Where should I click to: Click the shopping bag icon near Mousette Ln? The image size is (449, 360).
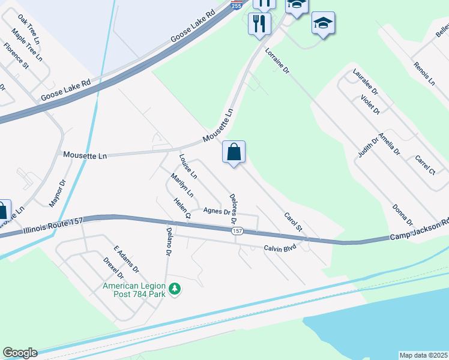(x=234, y=152)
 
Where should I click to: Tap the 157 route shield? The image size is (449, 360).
(x=238, y=231)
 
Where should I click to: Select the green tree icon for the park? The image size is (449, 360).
(x=175, y=289)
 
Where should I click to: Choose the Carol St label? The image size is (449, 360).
(x=293, y=223)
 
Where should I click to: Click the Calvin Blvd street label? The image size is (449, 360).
(x=280, y=247)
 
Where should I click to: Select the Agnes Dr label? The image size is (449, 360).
(x=217, y=211)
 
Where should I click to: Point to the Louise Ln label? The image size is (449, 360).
(x=188, y=166)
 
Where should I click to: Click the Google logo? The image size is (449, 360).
(x=20, y=353)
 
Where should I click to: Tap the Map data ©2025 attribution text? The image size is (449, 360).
(x=423, y=355)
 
